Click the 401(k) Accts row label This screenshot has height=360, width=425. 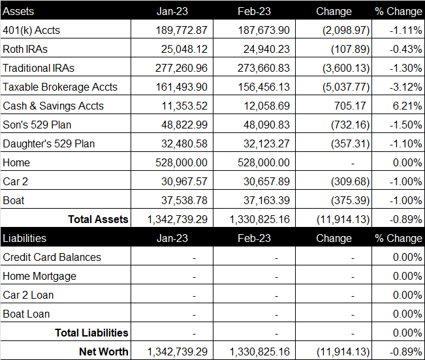[31, 30]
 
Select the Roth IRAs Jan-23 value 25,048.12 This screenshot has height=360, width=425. [184, 50]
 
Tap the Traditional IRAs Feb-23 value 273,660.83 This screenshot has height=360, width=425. [264, 68]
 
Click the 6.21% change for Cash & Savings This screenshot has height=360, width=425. [407, 106]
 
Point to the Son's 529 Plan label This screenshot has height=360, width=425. [37, 125]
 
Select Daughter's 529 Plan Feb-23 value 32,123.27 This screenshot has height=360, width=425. [266, 143]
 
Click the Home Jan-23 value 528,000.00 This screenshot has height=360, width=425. [181, 162]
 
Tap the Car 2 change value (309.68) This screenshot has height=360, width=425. [350, 181]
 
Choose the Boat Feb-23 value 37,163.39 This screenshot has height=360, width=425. [266, 201]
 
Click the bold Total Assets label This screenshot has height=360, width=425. [98, 219]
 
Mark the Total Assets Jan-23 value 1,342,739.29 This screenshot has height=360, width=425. [178, 220]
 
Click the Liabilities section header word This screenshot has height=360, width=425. [24, 238]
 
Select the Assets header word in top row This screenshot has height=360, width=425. [18, 11]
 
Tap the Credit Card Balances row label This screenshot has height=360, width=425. [52, 257]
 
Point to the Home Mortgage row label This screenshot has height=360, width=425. [40, 277]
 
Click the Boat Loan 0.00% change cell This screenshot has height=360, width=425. [407, 314]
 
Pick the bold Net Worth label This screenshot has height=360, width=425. [104, 352]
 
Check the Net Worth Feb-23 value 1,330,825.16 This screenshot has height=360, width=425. [260, 352]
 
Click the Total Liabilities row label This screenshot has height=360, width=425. [91, 333]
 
